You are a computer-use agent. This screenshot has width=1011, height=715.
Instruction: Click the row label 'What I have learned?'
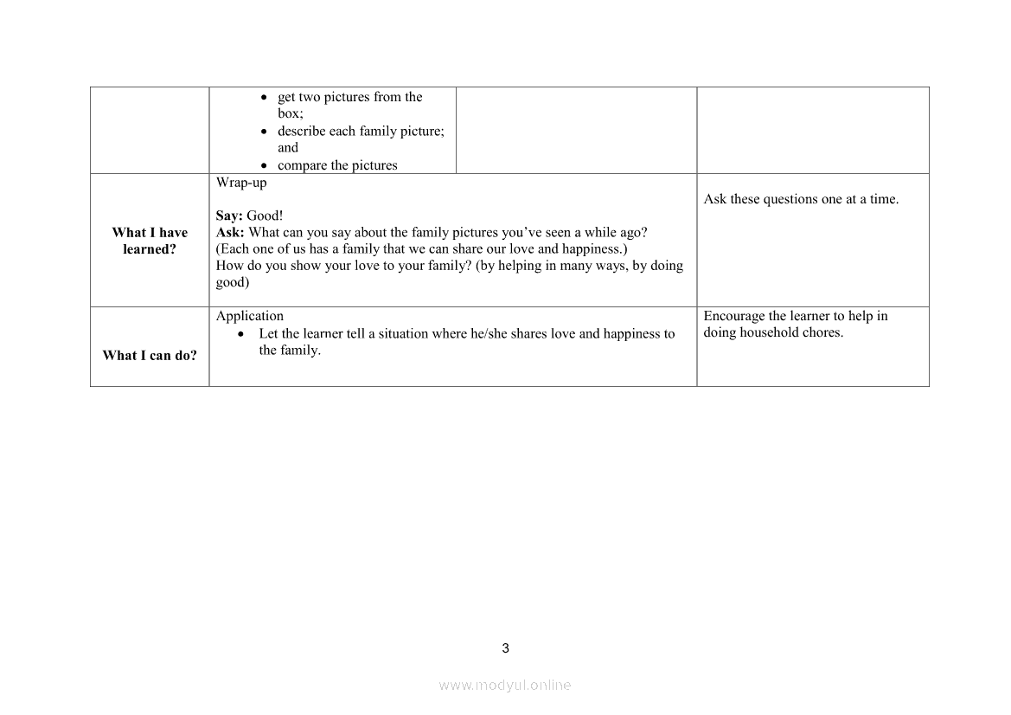coord(150,241)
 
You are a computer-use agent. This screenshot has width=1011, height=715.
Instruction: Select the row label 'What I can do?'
coord(150,355)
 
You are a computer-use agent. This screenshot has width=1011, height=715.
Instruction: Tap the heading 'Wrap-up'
coord(241,183)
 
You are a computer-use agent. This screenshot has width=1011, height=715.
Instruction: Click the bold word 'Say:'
coord(229,216)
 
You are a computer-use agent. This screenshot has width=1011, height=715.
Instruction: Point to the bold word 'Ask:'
coord(230,233)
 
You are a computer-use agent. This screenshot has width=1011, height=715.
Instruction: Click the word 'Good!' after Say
coord(265,216)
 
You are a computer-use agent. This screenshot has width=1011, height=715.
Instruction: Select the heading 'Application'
coord(250,316)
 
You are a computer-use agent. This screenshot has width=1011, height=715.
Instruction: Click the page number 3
coord(506,648)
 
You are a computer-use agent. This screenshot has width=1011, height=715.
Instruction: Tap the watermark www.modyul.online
coord(505,685)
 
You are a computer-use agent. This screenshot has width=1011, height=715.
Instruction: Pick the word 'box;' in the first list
coord(290,113)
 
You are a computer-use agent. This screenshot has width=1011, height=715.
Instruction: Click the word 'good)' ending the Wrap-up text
coord(233,282)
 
